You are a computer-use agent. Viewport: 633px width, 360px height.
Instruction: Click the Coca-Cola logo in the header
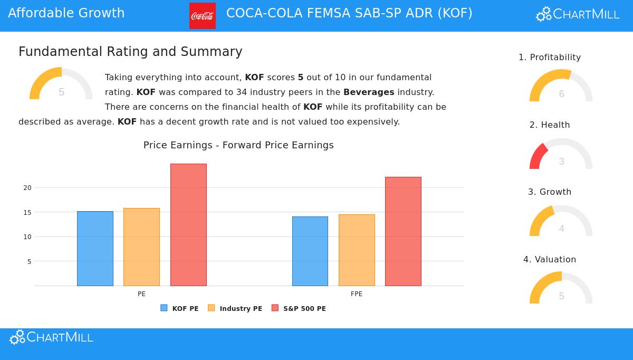203,16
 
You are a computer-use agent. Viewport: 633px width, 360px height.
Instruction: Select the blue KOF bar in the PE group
95,249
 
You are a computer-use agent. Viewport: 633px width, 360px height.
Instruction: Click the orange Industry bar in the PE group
141,247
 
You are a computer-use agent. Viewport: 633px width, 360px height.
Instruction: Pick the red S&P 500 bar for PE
188,225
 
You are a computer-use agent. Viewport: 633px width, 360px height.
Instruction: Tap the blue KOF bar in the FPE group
310,251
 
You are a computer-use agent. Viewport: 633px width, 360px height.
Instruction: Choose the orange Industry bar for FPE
357,250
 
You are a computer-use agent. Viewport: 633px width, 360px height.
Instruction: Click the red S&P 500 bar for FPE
403,231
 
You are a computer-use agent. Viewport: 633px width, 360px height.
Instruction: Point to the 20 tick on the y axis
27,188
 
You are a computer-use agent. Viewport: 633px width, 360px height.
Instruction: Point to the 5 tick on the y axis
29,262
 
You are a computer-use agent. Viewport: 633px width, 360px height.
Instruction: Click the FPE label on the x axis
357,294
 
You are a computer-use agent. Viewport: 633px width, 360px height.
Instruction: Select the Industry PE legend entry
235,308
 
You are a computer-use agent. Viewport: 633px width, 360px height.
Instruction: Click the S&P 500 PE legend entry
299,308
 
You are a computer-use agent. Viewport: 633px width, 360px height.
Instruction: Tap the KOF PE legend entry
180,308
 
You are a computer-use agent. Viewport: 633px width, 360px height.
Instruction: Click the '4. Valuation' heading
550,259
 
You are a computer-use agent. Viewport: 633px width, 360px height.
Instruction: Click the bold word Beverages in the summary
369,92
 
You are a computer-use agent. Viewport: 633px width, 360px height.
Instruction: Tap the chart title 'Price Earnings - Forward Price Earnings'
238,145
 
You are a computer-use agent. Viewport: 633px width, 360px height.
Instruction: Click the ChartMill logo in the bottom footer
51,337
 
